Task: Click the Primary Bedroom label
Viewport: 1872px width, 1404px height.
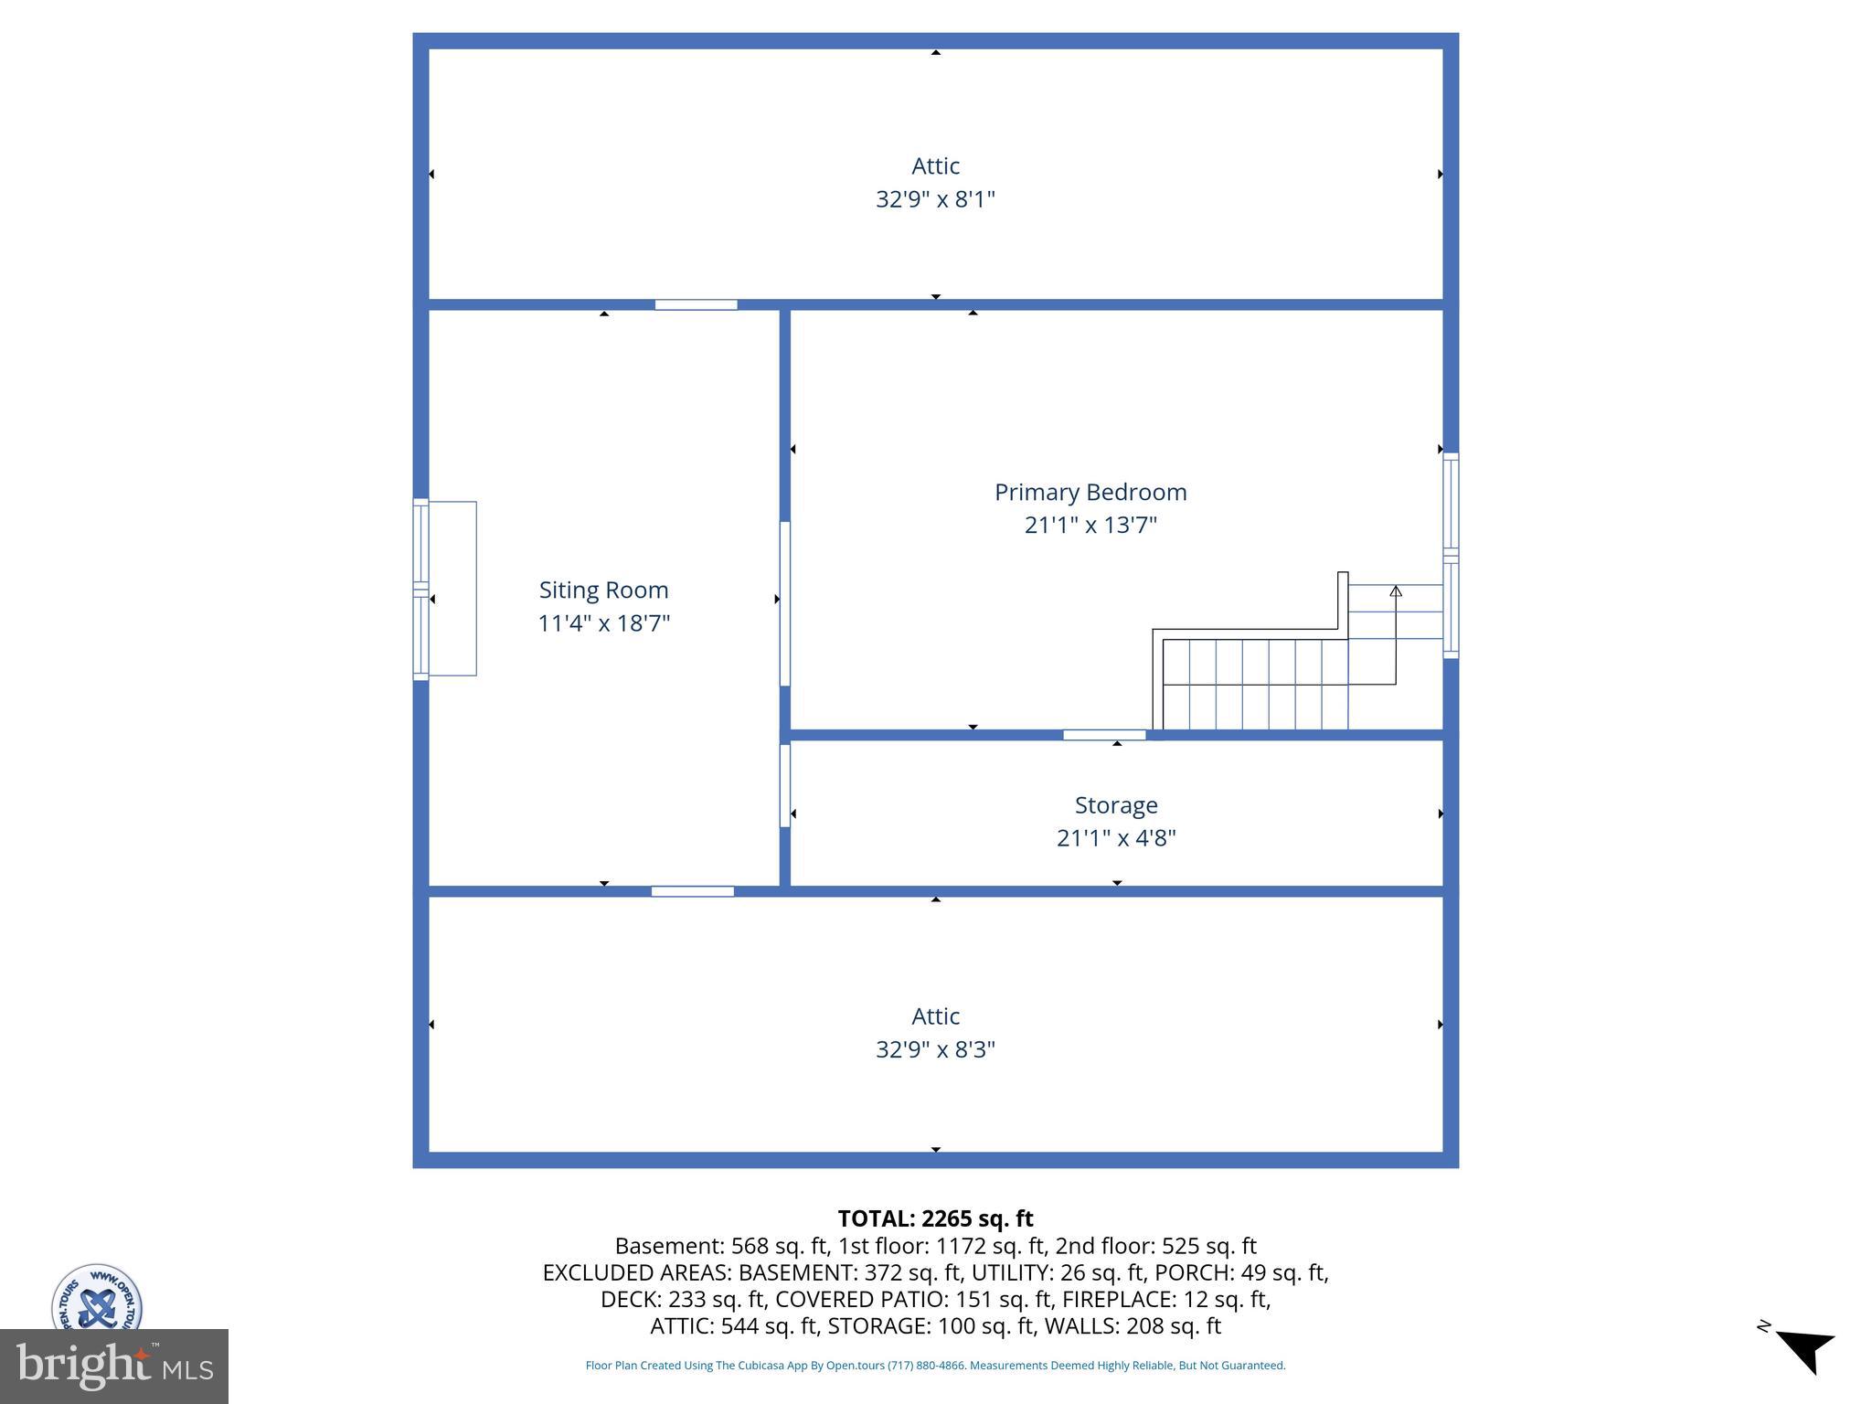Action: (1090, 493)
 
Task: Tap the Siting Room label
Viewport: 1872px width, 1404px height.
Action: (603, 590)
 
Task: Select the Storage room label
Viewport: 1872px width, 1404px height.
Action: (1116, 805)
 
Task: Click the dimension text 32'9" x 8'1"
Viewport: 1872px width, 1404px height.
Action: (935, 199)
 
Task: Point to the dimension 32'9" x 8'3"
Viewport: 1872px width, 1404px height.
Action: (935, 1049)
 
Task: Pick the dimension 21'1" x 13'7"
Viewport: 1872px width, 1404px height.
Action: (1090, 526)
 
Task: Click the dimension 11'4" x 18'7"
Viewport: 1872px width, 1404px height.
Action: (603, 623)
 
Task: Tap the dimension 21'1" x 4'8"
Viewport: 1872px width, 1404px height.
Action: (1116, 838)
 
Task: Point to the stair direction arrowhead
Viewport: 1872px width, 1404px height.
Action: (1396, 591)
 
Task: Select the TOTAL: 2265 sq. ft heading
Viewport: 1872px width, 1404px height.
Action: (935, 1218)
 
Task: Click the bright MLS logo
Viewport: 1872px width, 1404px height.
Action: (114, 1367)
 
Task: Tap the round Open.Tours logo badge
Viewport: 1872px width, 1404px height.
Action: (97, 1298)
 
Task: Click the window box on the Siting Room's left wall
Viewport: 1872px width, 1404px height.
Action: (445, 589)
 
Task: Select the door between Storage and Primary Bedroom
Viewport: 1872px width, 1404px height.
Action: (1104, 735)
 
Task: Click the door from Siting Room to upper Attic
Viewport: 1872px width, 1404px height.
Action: (696, 304)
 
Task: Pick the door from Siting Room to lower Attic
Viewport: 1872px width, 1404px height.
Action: (692, 891)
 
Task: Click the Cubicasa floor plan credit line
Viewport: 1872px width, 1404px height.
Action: (935, 1366)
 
